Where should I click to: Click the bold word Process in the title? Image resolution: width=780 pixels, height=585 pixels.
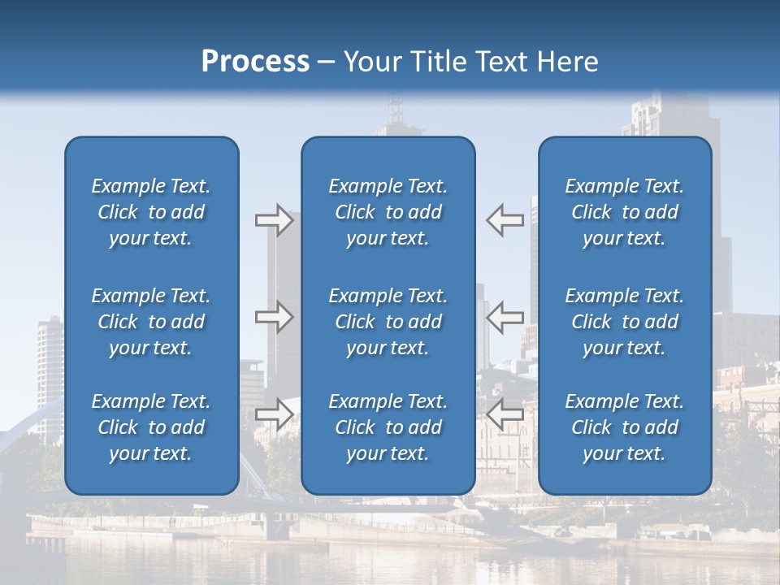pyautogui.click(x=255, y=62)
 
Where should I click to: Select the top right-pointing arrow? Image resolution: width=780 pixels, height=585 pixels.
pyautogui.click(x=275, y=220)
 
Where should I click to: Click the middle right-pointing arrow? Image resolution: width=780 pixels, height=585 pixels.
pyautogui.click(x=275, y=317)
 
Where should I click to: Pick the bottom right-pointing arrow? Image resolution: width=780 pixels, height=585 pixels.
pyautogui.click(x=275, y=414)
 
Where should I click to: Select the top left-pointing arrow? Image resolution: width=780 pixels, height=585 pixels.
pyautogui.click(x=505, y=220)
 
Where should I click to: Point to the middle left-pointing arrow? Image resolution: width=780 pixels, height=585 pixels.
pyautogui.click(x=505, y=317)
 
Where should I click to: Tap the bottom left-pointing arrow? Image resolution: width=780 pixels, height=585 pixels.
pyautogui.click(x=505, y=414)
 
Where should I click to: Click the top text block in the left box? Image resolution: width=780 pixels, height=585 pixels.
pyautogui.click(x=151, y=212)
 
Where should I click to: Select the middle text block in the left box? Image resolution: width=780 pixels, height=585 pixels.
pyautogui.click(x=151, y=322)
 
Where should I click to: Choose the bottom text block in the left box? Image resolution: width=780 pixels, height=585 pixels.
pyautogui.click(x=151, y=427)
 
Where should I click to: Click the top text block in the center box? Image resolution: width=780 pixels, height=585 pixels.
pyautogui.click(x=388, y=212)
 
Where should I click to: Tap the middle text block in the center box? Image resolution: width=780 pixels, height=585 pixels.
pyautogui.click(x=388, y=322)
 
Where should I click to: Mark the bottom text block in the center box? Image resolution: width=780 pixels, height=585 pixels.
pyautogui.click(x=388, y=427)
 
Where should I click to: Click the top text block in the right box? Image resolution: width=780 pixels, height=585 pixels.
pyautogui.click(x=625, y=212)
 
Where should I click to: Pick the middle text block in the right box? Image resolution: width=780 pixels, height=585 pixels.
pyautogui.click(x=625, y=322)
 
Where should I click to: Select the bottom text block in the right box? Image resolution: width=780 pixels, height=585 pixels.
pyautogui.click(x=625, y=427)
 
